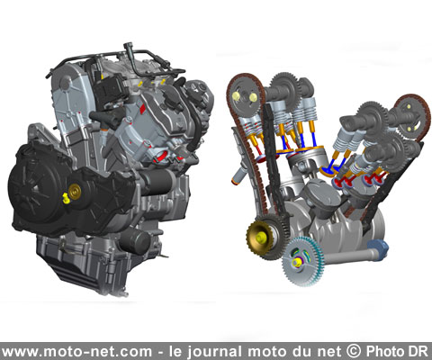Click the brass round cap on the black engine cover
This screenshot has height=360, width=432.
75,191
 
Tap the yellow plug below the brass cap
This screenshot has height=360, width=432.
66,199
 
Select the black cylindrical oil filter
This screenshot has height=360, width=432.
135,241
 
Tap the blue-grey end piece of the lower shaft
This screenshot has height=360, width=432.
378,249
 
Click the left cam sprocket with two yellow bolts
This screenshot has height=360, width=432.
245,96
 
